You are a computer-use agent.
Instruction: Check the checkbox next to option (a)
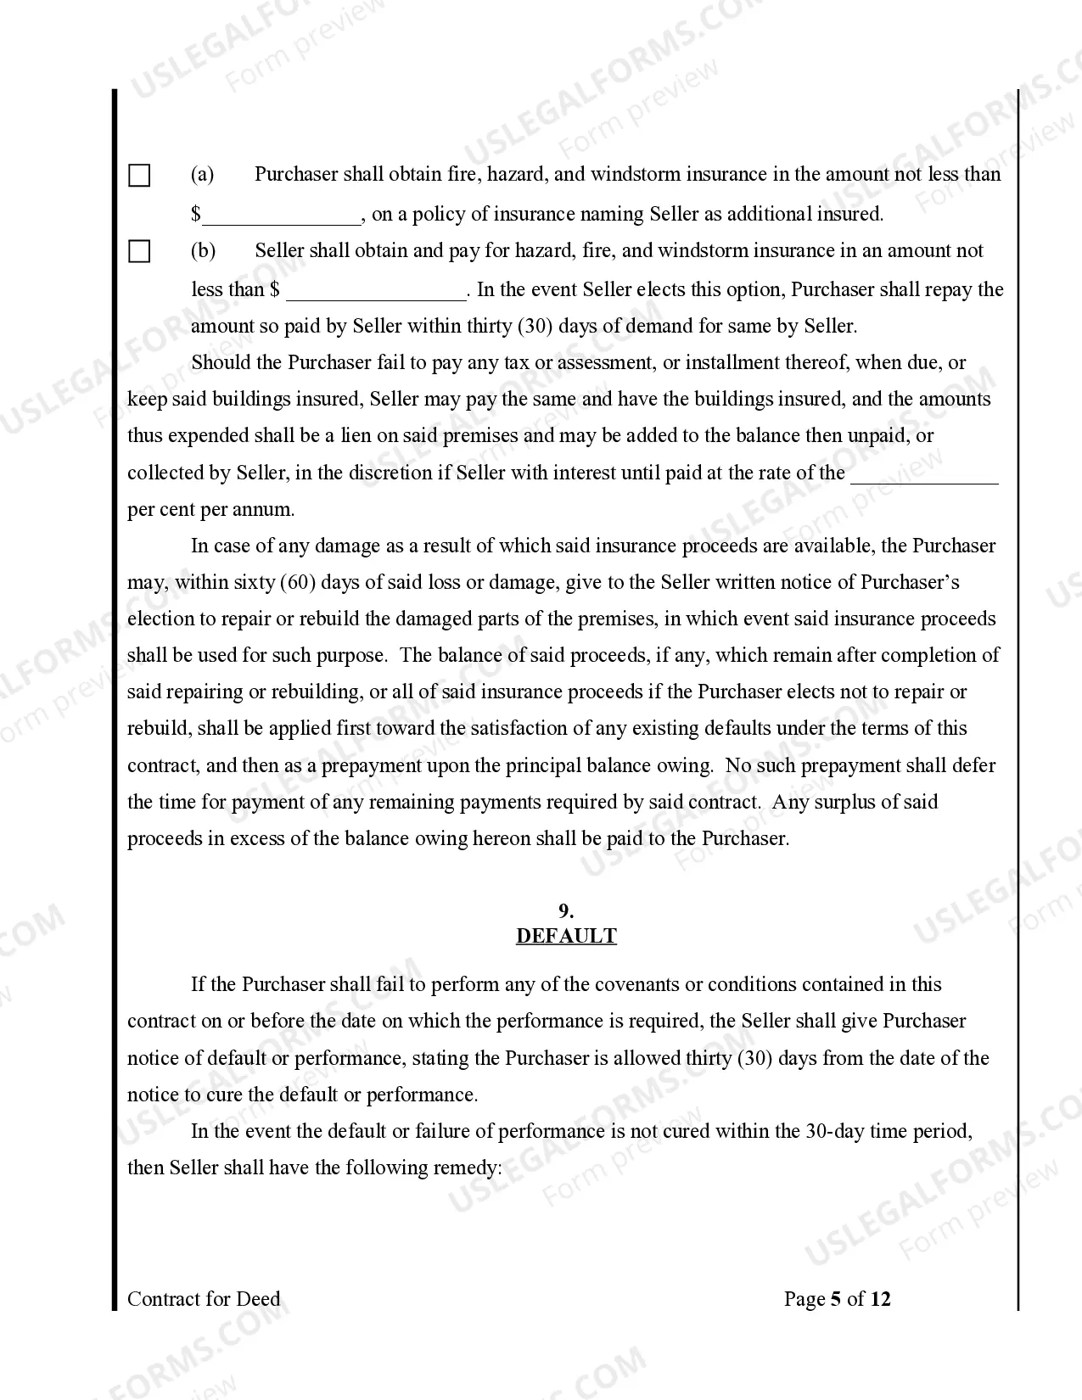139,176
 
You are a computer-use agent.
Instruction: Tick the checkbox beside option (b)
139,252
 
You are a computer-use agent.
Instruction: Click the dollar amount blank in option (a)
282,216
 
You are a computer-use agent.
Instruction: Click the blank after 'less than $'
376,291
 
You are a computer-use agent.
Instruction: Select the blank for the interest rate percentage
923,474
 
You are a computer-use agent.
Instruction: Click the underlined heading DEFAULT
566,937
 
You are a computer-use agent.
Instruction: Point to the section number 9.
566,912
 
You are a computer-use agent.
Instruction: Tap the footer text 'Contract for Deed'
204,1299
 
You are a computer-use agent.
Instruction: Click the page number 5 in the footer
835,1299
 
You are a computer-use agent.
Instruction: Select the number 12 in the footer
881,1299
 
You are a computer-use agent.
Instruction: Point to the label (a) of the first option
203,175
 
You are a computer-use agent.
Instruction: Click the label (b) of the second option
204,251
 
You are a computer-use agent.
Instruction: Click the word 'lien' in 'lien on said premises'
355,436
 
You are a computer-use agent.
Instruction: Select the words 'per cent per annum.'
211,510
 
